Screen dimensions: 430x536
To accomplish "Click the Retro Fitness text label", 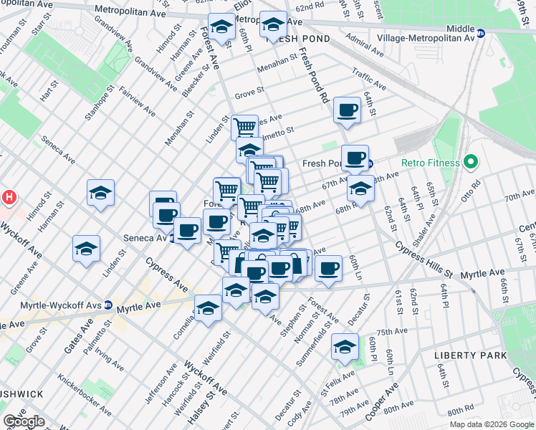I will (430, 163).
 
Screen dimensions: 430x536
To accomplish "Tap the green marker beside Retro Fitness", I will (471, 163).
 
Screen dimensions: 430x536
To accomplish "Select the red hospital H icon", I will (9, 196).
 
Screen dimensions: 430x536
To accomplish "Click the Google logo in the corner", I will (24, 421).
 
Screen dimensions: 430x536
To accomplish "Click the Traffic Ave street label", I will (369, 79).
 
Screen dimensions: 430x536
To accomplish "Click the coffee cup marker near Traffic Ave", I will (347, 110).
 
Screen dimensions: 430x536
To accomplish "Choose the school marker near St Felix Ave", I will (345, 348).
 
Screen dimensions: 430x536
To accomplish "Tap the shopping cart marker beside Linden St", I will (244, 127).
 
